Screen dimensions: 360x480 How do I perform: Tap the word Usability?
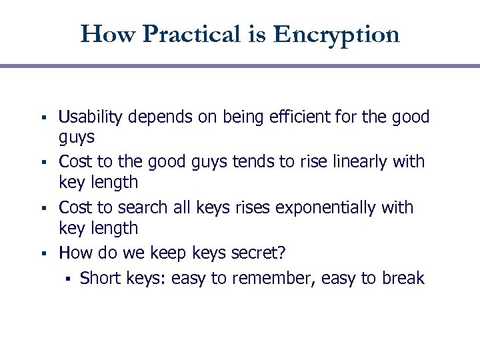pyautogui.click(x=91, y=117)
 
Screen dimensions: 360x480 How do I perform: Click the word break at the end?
pyautogui.click(x=403, y=277)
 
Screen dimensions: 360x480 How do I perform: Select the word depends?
pyautogui.click(x=152, y=117)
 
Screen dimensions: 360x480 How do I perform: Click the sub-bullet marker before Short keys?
pyautogui.click(x=67, y=279)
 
